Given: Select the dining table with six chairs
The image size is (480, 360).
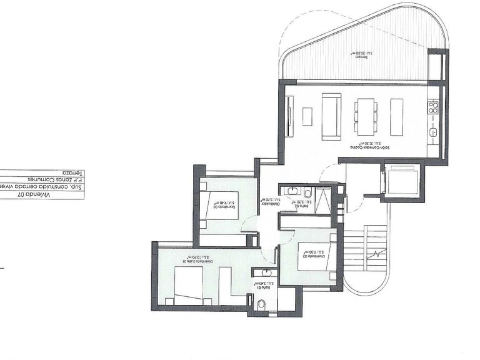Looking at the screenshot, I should (x=364, y=117).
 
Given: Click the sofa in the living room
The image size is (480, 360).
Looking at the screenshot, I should (x=331, y=117).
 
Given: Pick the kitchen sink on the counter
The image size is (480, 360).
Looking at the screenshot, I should (x=432, y=132).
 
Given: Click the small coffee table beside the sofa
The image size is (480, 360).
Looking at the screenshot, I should (x=306, y=116).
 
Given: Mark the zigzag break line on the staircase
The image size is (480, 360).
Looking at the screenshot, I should (x=377, y=256).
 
